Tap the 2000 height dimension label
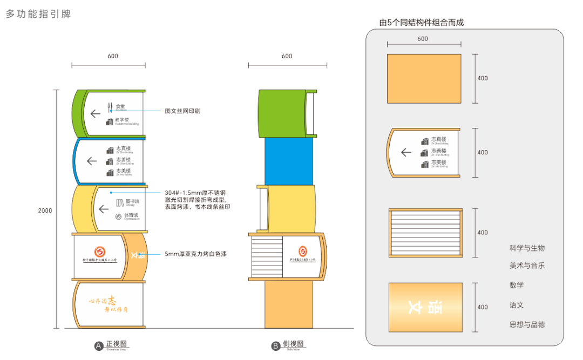(x=45, y=210)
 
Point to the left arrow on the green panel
(x=96, y=113)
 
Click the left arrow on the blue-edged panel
(x=92, y=160)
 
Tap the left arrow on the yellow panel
(x=104, y=208)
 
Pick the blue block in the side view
(x=289, y=161)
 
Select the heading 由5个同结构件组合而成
(x=422, y=23)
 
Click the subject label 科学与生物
(x=527, y=248)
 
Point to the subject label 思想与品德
(x=527, y=324)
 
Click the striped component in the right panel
(x=425, y=232)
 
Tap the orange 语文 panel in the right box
(x=425, y=307)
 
